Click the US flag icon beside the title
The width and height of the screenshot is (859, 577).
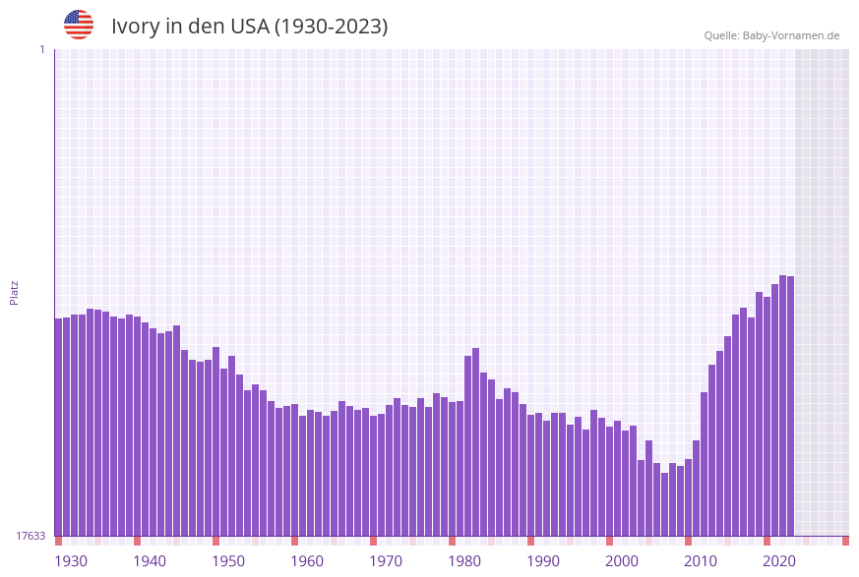(x=79, y=25)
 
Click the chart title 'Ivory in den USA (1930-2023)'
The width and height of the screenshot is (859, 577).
(x=249, y=27)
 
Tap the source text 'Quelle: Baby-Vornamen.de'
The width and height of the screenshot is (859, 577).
(x=771, y=35)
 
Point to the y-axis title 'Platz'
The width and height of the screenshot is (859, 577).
(x=15, y=292)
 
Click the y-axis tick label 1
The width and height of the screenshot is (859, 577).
(x=41, y=49)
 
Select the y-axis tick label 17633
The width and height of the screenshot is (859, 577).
(x=31, y=536)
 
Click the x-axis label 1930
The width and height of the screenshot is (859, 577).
(x=71, y=561)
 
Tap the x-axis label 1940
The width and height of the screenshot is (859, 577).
(x=150, y=561)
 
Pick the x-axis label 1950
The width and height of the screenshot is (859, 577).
(x=228, y=561)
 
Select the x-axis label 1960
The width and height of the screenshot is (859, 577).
(x=307, y=561)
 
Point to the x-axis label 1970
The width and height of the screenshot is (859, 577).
(x=386, y=561)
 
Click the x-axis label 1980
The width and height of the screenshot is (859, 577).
(x=464, y=561)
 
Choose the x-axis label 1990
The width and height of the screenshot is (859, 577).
(x=543, y=561)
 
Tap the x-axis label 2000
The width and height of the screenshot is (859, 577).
(x=622, y=561)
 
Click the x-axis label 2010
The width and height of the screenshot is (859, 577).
(x=701, y=561)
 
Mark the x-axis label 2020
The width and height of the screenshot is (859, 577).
(x=779, y=561)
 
